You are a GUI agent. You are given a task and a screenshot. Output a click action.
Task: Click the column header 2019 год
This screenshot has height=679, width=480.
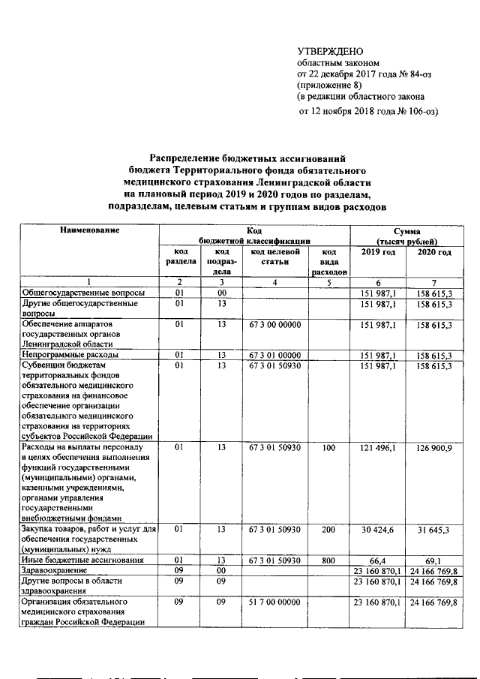coord(378,252)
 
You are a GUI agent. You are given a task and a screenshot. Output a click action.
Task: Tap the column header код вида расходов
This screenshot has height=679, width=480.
coord(328,262)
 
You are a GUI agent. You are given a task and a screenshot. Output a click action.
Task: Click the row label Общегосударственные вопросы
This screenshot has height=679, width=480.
coord(84,293)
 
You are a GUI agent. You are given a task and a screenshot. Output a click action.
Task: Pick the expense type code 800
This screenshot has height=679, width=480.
coord(328,560)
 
